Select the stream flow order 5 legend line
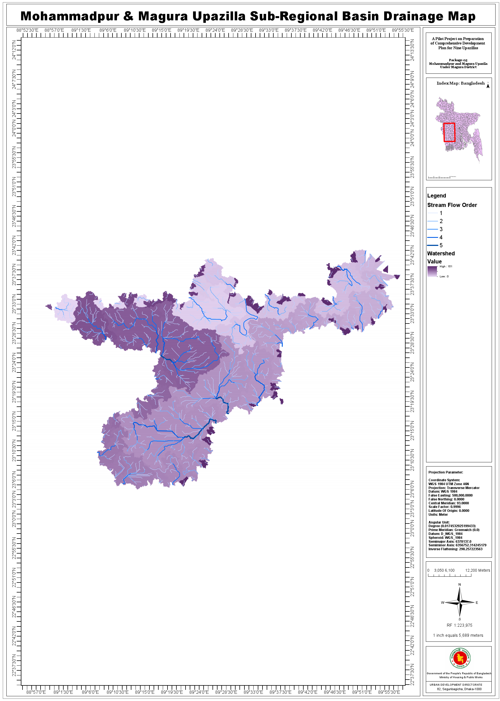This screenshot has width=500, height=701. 432,245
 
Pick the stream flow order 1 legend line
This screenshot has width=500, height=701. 432,213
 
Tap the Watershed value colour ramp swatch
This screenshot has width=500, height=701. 432,271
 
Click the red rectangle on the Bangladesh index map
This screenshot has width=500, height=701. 449,132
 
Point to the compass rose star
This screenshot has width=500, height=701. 459,602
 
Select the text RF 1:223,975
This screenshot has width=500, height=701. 459,625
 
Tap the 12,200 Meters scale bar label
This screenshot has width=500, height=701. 477,570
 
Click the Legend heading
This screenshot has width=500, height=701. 436,196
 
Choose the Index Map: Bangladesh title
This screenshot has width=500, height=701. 460,83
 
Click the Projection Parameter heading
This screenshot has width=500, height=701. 446,472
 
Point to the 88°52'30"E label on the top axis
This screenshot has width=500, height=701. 27,30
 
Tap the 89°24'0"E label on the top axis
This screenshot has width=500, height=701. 215,30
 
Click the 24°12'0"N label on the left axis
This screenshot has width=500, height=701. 14,50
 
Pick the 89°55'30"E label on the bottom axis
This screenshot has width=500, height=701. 389,692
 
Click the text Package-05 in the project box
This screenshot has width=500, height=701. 458,60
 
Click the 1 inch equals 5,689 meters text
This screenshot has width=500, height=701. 458,635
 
